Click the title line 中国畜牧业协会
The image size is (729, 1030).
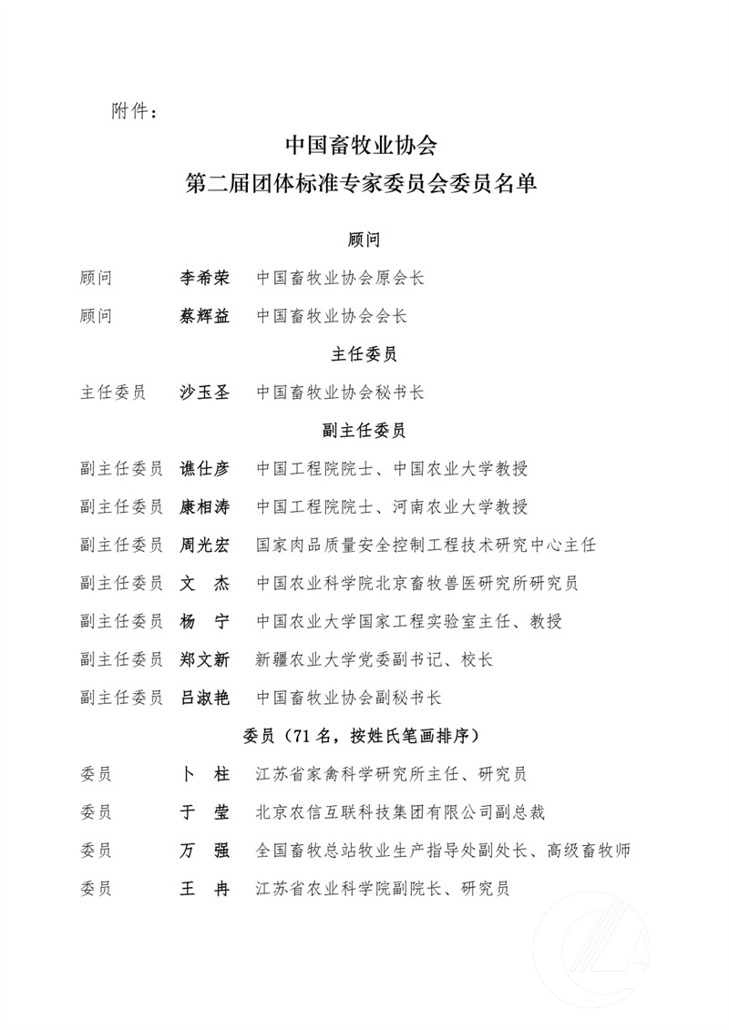pos(364,147)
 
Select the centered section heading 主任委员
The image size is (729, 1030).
pos(364,354)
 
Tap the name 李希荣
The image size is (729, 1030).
pos(205,277)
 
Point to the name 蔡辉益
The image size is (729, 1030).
pos(205,315)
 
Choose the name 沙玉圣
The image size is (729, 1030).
pos(205,393)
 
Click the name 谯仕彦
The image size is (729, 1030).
pos(205,469)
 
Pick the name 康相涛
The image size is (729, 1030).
pos(205,507)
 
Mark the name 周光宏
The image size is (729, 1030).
pos(205,545)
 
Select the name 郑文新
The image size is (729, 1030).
pos(205,659)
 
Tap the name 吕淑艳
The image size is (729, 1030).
pos(205,698)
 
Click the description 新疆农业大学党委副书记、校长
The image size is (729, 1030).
pos(375,659)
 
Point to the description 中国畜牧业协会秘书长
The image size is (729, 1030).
pos(340,393)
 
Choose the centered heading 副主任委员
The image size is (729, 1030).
pos(364,431)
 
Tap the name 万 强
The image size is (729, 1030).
pos(205,850)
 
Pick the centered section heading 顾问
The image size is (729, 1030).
pos(364,240)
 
